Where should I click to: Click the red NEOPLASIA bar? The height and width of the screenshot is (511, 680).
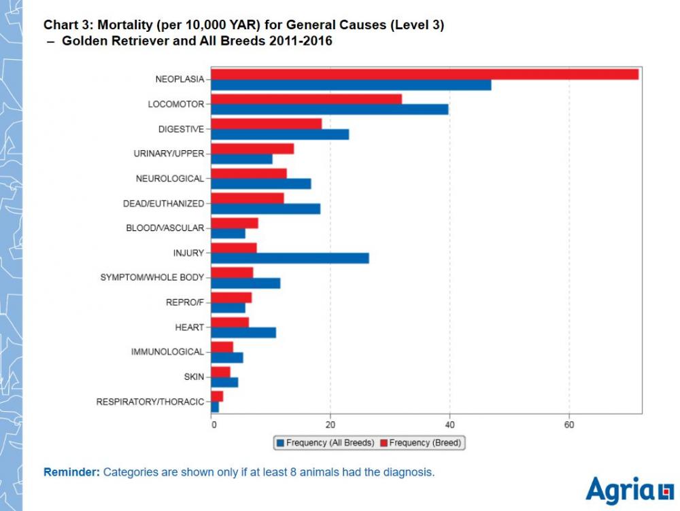tap(424, 74)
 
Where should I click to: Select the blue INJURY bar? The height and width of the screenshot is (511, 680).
tap(290, 258)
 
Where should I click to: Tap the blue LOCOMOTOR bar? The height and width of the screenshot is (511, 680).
tap(329, 109)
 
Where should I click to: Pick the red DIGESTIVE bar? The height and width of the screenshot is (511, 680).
tap(266, 124)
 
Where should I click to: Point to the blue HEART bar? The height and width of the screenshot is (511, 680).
tap(243, 332)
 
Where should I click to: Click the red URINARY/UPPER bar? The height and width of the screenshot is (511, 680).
tap(252, 148)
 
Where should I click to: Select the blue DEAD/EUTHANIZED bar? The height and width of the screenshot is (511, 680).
tap(265, 209)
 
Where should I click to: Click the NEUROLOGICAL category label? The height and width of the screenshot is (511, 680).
tap(169, 179)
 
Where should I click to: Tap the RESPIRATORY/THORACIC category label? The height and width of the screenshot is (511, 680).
tap(150, 402)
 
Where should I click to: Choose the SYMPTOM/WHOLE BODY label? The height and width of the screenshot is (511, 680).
tap(152, 277)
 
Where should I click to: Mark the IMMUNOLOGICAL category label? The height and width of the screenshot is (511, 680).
tap(167, 352)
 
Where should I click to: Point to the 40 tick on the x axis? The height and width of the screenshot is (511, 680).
tap(449, 425)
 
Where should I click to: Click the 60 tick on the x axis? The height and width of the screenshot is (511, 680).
tap(568, 425)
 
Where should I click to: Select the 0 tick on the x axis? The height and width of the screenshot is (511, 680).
tap(214, 425)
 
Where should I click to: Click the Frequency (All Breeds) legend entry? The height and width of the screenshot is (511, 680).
tap(325, 443)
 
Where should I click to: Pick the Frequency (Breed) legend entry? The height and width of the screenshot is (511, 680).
tap(420, 443)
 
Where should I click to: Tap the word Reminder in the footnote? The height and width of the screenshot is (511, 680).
tap(71, 472)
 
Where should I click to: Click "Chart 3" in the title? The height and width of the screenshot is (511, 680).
tap(69, 25)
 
